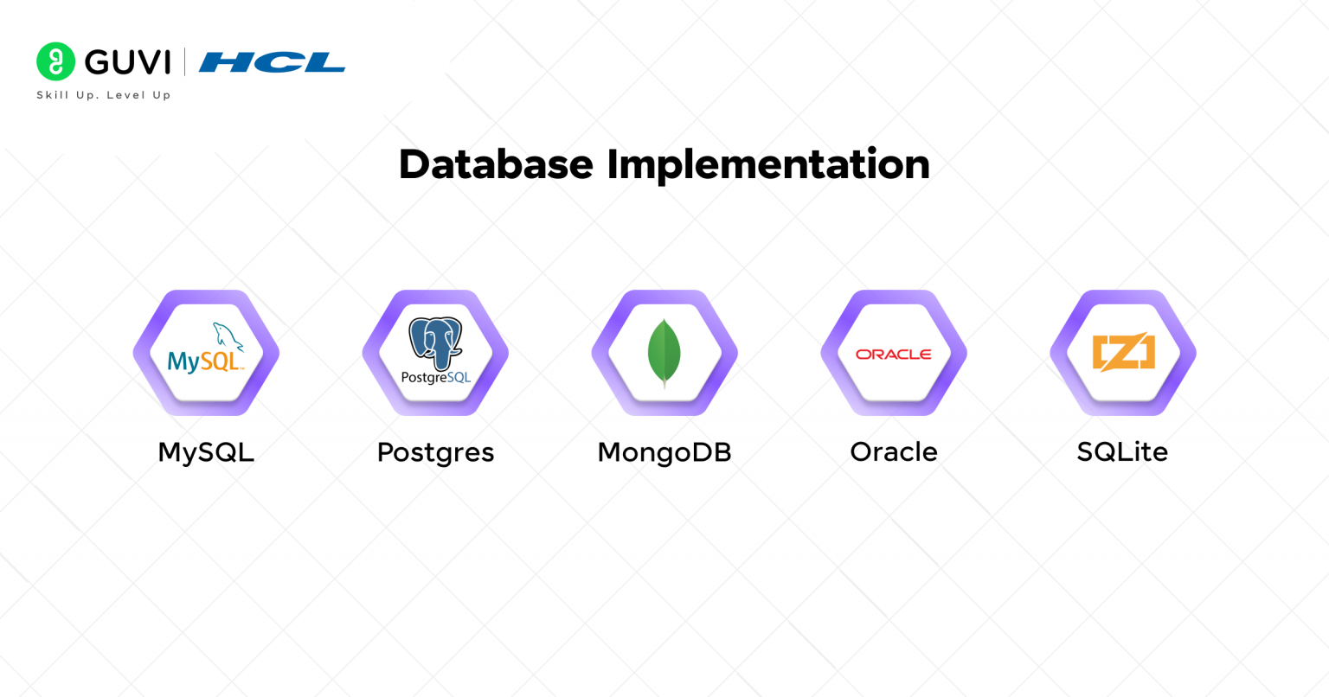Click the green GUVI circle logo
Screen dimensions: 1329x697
pyautogui.click(x=55, y=61)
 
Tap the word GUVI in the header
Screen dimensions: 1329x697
pyautogui.click(x=127, y=62)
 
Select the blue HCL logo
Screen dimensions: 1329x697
pyautogui.click(x=272, y=62)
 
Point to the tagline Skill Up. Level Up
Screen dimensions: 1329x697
pyautogui.click(x=104, y=95)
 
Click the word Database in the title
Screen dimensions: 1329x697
pyautogui.click(x=496, y=164)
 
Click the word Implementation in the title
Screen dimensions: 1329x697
pyautogui.click(x=768, y=165)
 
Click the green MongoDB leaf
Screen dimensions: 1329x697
pyautogui.click(x=664, y=350)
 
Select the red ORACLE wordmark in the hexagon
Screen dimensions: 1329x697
pyautogui.click(x=894, y=355)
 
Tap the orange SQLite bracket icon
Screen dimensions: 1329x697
pyautogui.click(x=1124, y=352)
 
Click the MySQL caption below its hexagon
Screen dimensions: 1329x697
pyautogui.click(x=206, y=452)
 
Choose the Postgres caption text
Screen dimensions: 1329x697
pyautogui.click(x=435, y=453)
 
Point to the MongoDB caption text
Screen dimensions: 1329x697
pyautogui.click(x=664, y=453)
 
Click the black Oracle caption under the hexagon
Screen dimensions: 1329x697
pyautogui.click(x=894, y=452)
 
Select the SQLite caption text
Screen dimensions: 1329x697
pyautogui.click(x=1122, y=452)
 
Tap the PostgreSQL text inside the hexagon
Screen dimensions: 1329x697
pyautogui.click(x=436, y=377)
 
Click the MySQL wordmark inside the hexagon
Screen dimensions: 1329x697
pyautogui.click(x=205, y=361)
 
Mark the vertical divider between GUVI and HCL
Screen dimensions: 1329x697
pyautogui.click(x=184, y=61)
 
